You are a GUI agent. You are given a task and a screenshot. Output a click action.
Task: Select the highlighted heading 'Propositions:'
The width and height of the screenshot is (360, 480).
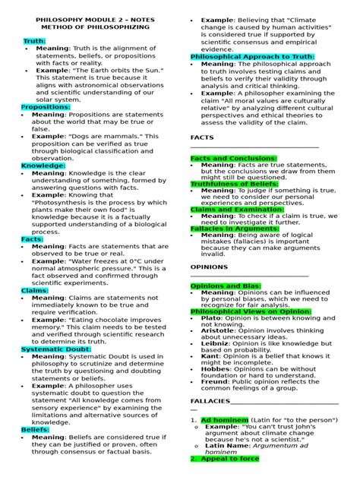(x=46, y=107)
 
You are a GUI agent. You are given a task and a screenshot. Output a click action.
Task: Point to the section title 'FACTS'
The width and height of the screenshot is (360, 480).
(x=201, y=138)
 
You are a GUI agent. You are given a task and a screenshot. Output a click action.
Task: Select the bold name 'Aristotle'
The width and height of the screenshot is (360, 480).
(x=219, y=332)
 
